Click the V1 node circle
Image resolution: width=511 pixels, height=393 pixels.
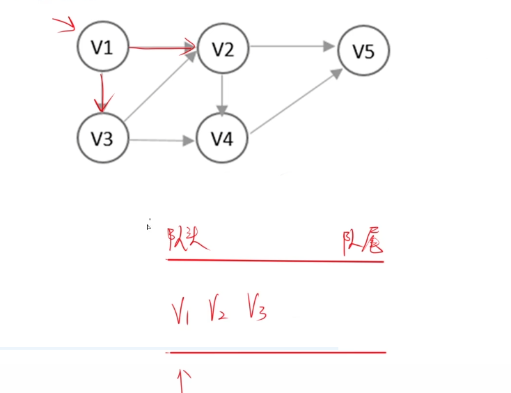point(102,47)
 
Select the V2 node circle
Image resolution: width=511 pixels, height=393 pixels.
point(222,48)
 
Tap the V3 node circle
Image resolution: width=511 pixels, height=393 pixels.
point(102,139)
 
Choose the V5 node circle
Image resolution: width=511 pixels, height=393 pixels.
point(363,50)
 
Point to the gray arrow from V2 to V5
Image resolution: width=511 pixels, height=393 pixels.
point(292,47)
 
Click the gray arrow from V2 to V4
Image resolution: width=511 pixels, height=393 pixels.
point(222,93)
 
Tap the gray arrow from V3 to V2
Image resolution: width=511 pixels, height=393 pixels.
point(160,90)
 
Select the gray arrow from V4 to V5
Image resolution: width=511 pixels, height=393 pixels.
point(295,101)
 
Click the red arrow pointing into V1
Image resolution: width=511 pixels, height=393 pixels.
point(65,26)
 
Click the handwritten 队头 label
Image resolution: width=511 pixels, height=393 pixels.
point(189,242)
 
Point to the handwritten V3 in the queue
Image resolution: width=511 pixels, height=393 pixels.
point(256,309)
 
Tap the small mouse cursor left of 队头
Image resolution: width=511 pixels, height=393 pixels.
point(149,226)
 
